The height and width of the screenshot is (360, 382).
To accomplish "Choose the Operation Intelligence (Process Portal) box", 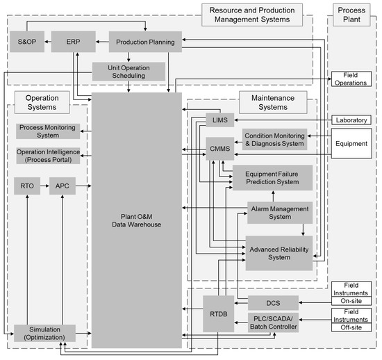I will pyautogui.click(x=48, y=156).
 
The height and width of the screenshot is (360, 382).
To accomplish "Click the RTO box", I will pyautogui.click(x=27, y=186).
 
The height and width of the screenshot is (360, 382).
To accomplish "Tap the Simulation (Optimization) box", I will pyautogui.click(x=47, y=332).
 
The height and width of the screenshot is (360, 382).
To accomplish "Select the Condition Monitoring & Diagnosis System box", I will pyautogui.click(x=274, y=139).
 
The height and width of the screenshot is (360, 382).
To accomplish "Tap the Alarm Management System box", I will pyautogui.click(x=279, y=211).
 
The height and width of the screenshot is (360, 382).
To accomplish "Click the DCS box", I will pyautogui.click(x=274, y=302).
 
